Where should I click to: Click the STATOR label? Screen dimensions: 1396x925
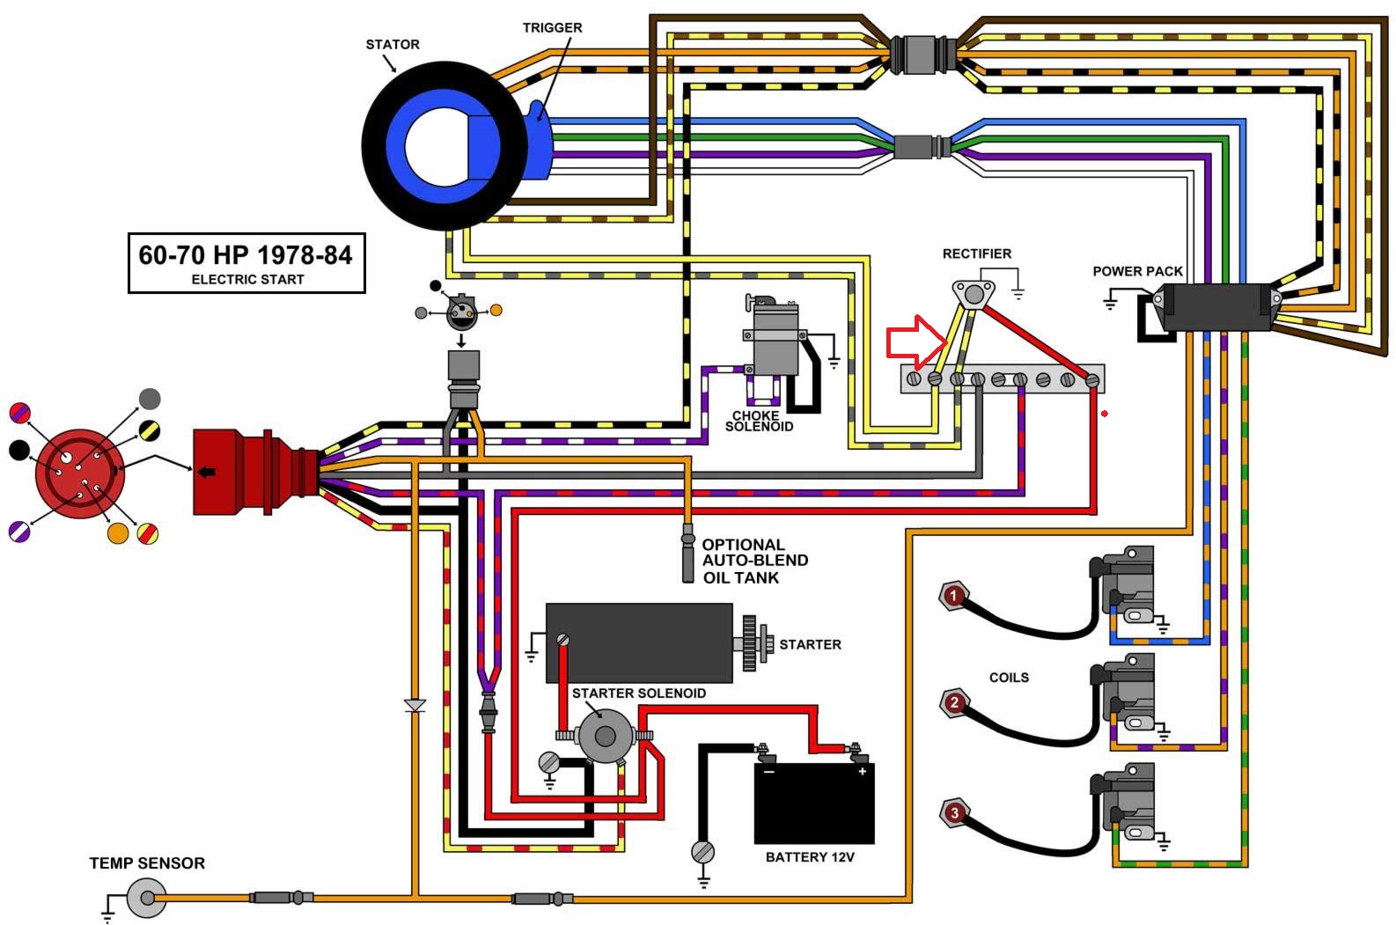392,44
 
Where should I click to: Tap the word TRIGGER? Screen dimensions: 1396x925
552,27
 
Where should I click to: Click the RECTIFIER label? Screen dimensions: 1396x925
976,253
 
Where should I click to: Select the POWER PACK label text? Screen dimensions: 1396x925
1137,271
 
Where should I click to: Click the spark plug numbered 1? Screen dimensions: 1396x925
953,596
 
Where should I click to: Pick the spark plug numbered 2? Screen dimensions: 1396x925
953,703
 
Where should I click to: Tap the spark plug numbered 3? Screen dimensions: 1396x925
953,813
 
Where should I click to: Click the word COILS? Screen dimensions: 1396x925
1009,678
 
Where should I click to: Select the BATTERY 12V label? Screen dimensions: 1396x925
810,857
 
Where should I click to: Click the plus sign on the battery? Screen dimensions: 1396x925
862,772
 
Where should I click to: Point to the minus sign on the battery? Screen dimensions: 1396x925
769,772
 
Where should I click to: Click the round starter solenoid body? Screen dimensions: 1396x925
604,736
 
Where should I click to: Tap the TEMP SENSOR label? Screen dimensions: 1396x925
147,863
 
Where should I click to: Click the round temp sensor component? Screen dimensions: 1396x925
147,898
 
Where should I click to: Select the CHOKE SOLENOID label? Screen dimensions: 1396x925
759,421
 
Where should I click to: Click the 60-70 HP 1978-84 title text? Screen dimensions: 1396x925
245,255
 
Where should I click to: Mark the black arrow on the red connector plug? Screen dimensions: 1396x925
207,472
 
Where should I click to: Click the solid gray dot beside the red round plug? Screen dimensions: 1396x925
150,399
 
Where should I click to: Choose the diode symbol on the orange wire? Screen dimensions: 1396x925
415,705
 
